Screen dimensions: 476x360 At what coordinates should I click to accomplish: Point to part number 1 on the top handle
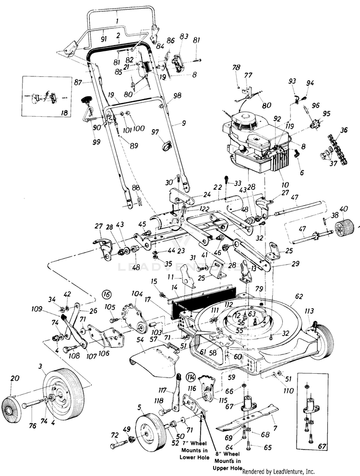click(117, 21)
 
